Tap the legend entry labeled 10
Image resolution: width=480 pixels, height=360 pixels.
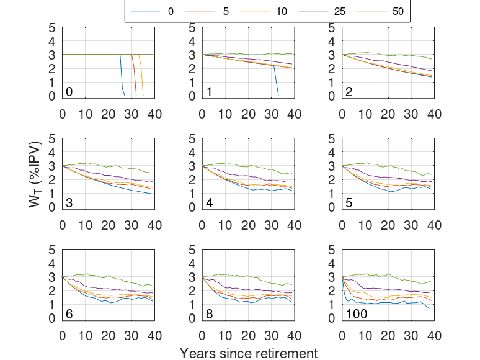282,11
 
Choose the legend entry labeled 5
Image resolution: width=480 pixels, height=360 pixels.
226,11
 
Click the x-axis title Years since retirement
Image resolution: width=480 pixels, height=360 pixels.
248,353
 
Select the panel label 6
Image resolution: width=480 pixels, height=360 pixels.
69,314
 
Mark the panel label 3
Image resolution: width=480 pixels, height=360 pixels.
69,203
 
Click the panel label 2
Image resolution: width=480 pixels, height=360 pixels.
350,92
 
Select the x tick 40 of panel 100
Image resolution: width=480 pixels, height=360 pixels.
434,336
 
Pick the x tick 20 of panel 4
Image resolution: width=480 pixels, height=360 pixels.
248,225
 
